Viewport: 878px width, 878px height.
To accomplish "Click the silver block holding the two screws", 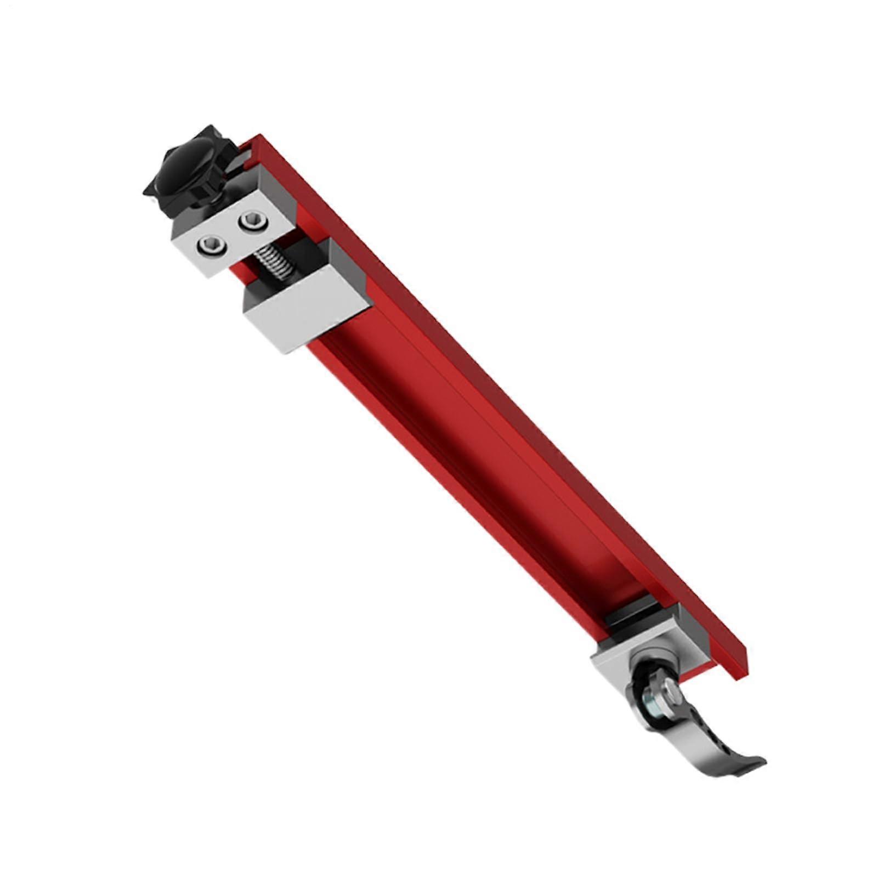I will coord(230,233).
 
